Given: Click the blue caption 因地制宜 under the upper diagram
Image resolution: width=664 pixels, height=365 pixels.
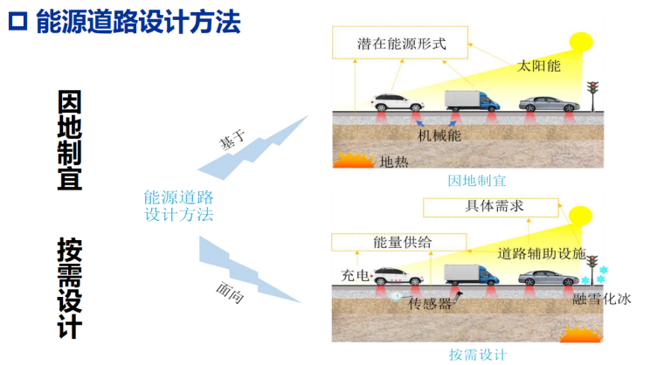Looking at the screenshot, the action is pyautogui.click(x=477, y=182).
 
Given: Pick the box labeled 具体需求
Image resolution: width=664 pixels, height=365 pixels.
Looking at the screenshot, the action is pyautogui.click(x=489, y=207).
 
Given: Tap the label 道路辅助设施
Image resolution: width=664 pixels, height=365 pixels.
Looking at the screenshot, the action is pyautogui.click(x=542, y=254).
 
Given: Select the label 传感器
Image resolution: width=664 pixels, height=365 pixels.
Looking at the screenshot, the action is pyautogui.click(x=431, y=304).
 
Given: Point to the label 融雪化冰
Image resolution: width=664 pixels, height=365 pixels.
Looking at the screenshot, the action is pyautogui.click(x=602, y=299).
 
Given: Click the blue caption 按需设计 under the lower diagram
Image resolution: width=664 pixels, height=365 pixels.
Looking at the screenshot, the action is pyautogui.click(x=478, y=355).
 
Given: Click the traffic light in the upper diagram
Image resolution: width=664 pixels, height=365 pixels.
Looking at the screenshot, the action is pyautogui.click(x=594, y=93).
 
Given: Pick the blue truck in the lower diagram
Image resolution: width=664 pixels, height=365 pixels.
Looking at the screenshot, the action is pyautogui.click(x=472, y=272).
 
